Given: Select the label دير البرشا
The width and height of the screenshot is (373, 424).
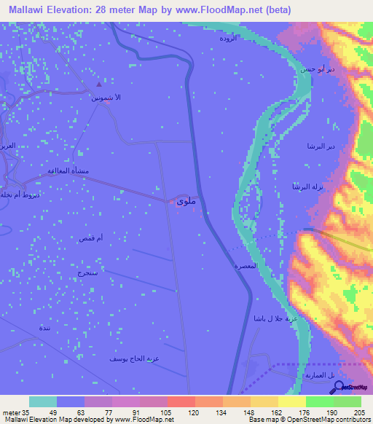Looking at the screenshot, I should [x=321, y=146].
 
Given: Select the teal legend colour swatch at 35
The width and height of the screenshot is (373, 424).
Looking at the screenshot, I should [x=43, y=401].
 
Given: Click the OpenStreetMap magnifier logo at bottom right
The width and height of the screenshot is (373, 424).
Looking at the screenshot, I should [x=340, y=387].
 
